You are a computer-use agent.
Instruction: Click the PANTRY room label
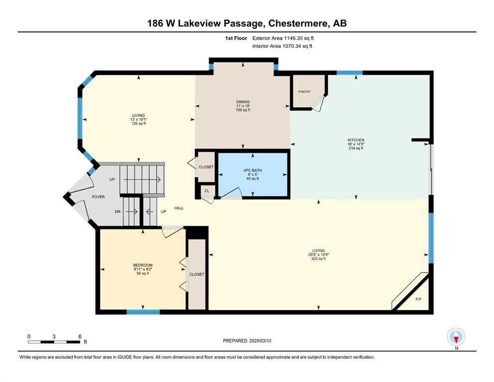point(304,92)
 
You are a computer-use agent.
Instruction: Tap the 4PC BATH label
point(253,171)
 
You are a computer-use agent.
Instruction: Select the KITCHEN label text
point(356,140)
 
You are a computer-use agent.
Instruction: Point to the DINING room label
point(243,102)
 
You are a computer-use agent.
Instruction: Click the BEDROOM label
point(143,265)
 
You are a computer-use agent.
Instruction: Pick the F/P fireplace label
point(418,299)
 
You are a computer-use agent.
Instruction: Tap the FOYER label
point(99,197)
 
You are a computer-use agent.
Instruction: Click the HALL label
point(179,208)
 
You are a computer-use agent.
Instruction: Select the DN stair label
point(117,211)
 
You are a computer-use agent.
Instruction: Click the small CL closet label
point(206,191)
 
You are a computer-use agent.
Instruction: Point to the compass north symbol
point(456,337)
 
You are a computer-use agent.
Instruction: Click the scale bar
point(54,342)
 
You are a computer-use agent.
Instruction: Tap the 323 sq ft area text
point(318,259)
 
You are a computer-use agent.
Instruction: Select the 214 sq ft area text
point(356,148)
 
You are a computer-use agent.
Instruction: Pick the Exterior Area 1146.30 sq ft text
point(283,38)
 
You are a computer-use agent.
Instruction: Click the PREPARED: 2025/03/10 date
point(247,341)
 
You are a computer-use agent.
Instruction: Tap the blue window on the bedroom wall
point(143,312)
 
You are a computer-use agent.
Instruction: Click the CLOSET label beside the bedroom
point(197,274)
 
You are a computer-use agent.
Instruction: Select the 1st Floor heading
point(236,38)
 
